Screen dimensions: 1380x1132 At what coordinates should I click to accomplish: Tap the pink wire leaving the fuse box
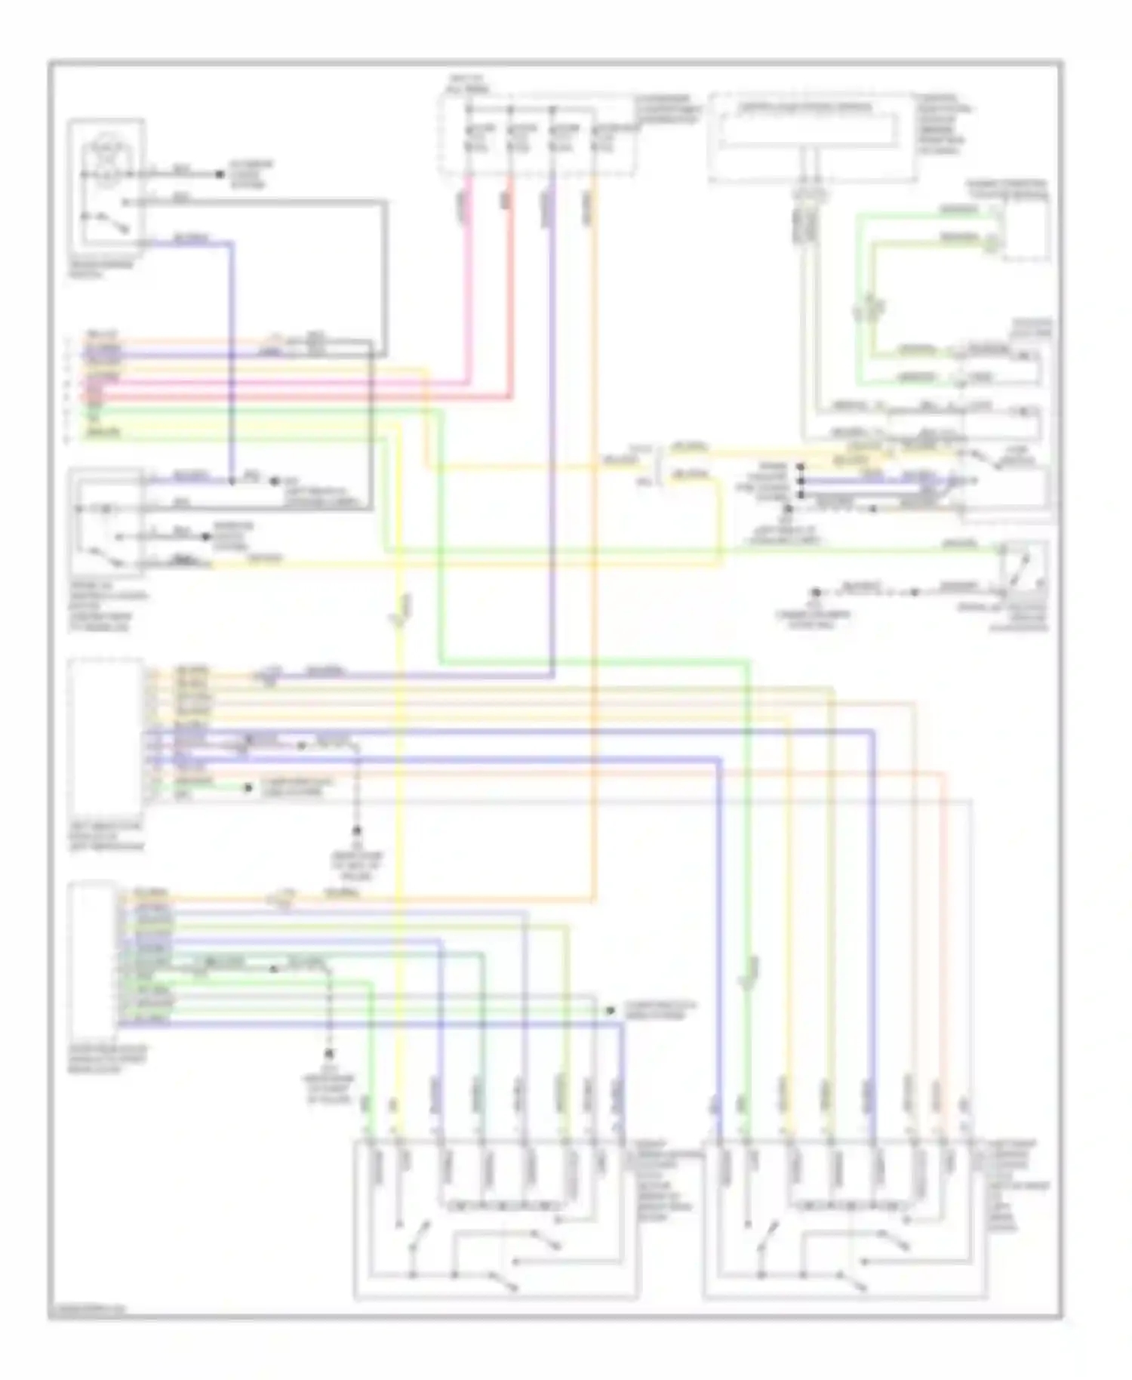point(469,287)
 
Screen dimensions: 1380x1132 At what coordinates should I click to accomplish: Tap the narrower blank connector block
point(92,960)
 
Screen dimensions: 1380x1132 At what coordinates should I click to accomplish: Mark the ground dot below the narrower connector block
point(329,1052)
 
